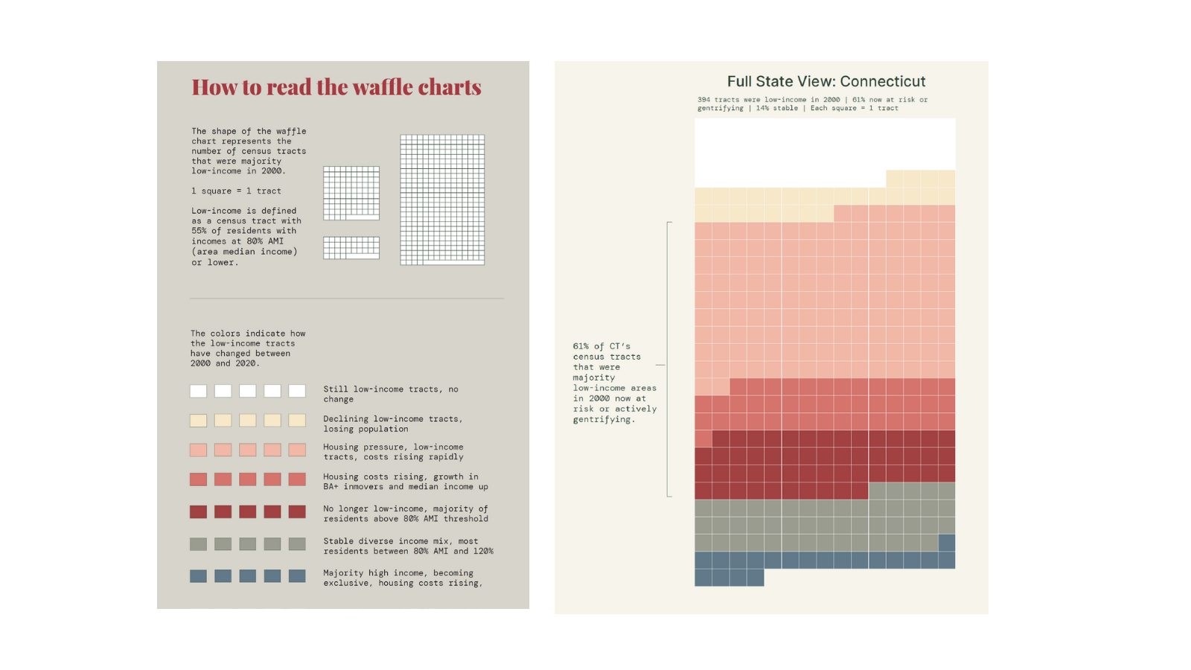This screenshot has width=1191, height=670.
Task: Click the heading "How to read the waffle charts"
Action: click(x=336, y=87)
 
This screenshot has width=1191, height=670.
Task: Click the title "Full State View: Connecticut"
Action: click(x=826, y=81)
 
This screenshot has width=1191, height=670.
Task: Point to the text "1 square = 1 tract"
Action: click(x=236, y=191)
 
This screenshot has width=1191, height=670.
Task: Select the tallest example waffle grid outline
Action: click(x=442, y=200)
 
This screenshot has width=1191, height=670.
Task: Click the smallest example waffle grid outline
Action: click(x=351, y=247)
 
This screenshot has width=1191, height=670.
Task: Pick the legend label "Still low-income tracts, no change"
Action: click(x=390, y=394)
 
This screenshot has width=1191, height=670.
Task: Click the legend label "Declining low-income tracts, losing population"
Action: click(x=392, y=424)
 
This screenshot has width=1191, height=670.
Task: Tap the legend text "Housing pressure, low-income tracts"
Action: click(x=392, y=452)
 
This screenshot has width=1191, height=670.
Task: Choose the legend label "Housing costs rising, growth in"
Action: click(x=400, y=476)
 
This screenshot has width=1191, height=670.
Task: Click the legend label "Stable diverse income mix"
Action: click(x=400, y=541)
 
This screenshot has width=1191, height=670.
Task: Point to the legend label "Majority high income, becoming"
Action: click(x=397, y=573)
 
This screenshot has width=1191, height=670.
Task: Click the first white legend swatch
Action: click(x=198, y=391)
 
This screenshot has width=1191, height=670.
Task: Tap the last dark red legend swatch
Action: click(x=297, y=511)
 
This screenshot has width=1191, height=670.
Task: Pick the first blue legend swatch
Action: click(x=198, y=575)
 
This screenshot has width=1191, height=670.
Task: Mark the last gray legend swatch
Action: click(x=297, y=544)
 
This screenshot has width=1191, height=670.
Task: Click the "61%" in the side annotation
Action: click(x=581, y=346)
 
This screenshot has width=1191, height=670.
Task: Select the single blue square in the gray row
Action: click(x=947, y=543)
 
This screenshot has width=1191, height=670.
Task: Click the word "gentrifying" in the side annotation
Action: click(x=601, y=420)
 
